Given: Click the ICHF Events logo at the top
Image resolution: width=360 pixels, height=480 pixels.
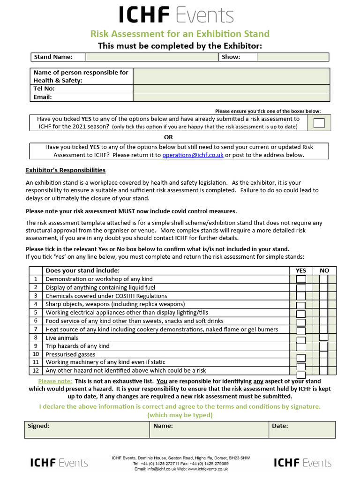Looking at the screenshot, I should click(x=176, y=15).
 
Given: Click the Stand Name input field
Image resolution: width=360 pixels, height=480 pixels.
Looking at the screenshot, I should click(x=152, y=57).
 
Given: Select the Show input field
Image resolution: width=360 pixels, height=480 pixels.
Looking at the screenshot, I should click(x=292, y=57).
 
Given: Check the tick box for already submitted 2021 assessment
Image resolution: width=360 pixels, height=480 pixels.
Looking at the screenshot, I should click(x=319, y=123).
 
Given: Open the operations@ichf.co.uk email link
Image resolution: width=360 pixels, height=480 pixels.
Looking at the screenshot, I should click(x=193, y=155).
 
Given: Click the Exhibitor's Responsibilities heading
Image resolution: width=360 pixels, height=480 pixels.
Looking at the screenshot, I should click(x=65, y=170).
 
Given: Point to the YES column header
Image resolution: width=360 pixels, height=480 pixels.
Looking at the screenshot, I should click(x=300, y=270).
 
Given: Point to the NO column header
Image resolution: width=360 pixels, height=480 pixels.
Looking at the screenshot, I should click(x=324, y=270).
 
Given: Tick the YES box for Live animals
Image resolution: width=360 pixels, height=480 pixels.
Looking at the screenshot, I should click(x=301, y=340).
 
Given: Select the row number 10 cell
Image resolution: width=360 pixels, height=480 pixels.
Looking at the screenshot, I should click(x=35, y=354).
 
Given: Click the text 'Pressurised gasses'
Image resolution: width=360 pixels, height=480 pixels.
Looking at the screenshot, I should click(x=70, y=354).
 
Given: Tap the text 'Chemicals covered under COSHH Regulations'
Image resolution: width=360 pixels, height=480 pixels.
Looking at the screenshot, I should click(x=106, y=296).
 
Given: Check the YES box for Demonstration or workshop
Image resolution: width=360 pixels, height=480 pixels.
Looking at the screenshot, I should click(x=301, y=279).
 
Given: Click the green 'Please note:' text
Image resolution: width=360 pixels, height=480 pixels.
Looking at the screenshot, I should click(x=55, y=381).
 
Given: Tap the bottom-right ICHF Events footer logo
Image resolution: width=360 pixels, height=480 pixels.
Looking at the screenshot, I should click(x=302, y=463).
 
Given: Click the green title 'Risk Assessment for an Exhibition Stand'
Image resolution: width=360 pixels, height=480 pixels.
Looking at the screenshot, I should click(x=180, y=34).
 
